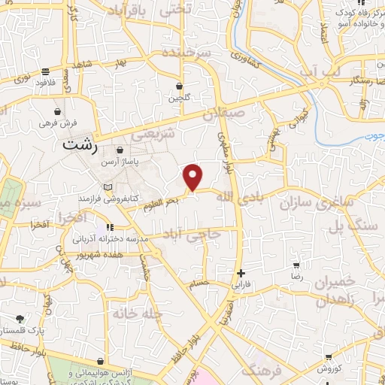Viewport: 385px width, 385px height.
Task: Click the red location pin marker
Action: click(194, 177)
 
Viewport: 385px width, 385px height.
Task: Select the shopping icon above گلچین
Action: click(179, 86)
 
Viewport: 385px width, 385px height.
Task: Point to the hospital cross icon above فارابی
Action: click(240, 273)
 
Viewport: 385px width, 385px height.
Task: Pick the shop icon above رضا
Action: click(296, 265)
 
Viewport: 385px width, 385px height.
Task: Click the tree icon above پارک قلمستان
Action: click(20, 319)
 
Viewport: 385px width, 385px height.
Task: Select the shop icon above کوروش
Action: click(329, 358)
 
